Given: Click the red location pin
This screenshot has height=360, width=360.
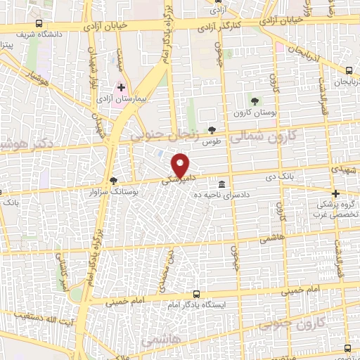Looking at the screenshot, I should (x=181, y=165).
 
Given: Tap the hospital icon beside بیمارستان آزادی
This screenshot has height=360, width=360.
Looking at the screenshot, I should (x=121, y=88).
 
